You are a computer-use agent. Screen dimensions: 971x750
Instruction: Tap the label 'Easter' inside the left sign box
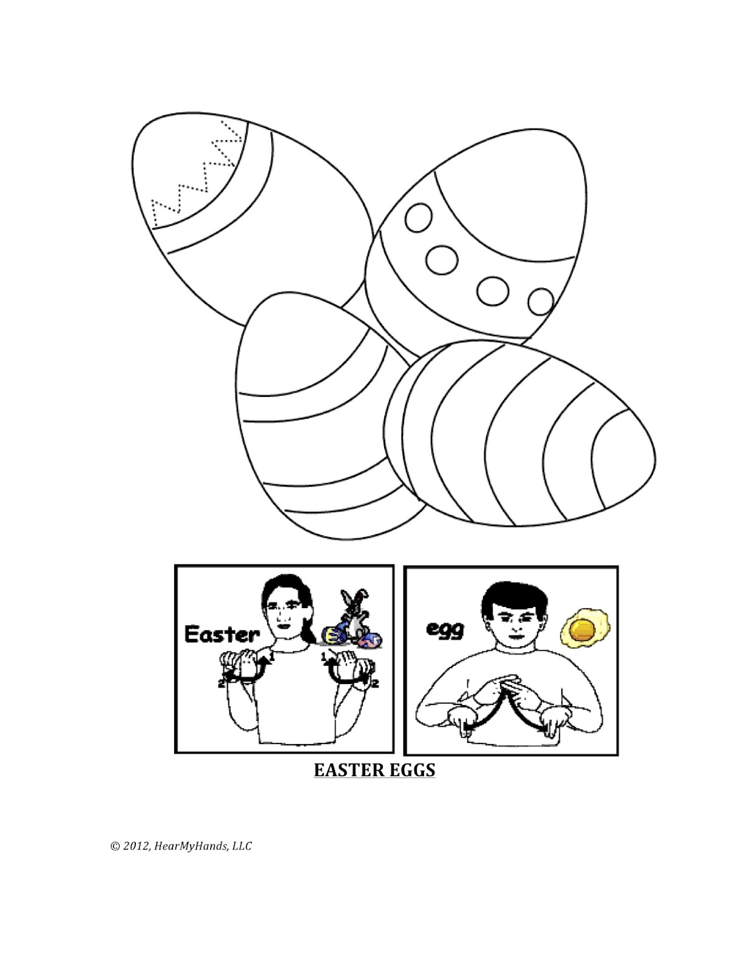point(221,635)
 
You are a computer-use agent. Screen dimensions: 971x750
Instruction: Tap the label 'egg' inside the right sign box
point(445,629)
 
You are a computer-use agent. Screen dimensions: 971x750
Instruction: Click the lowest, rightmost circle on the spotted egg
point(540,301)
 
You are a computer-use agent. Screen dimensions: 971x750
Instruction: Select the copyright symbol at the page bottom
point(114,846)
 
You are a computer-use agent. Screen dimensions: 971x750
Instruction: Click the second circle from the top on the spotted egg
point(441,260)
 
